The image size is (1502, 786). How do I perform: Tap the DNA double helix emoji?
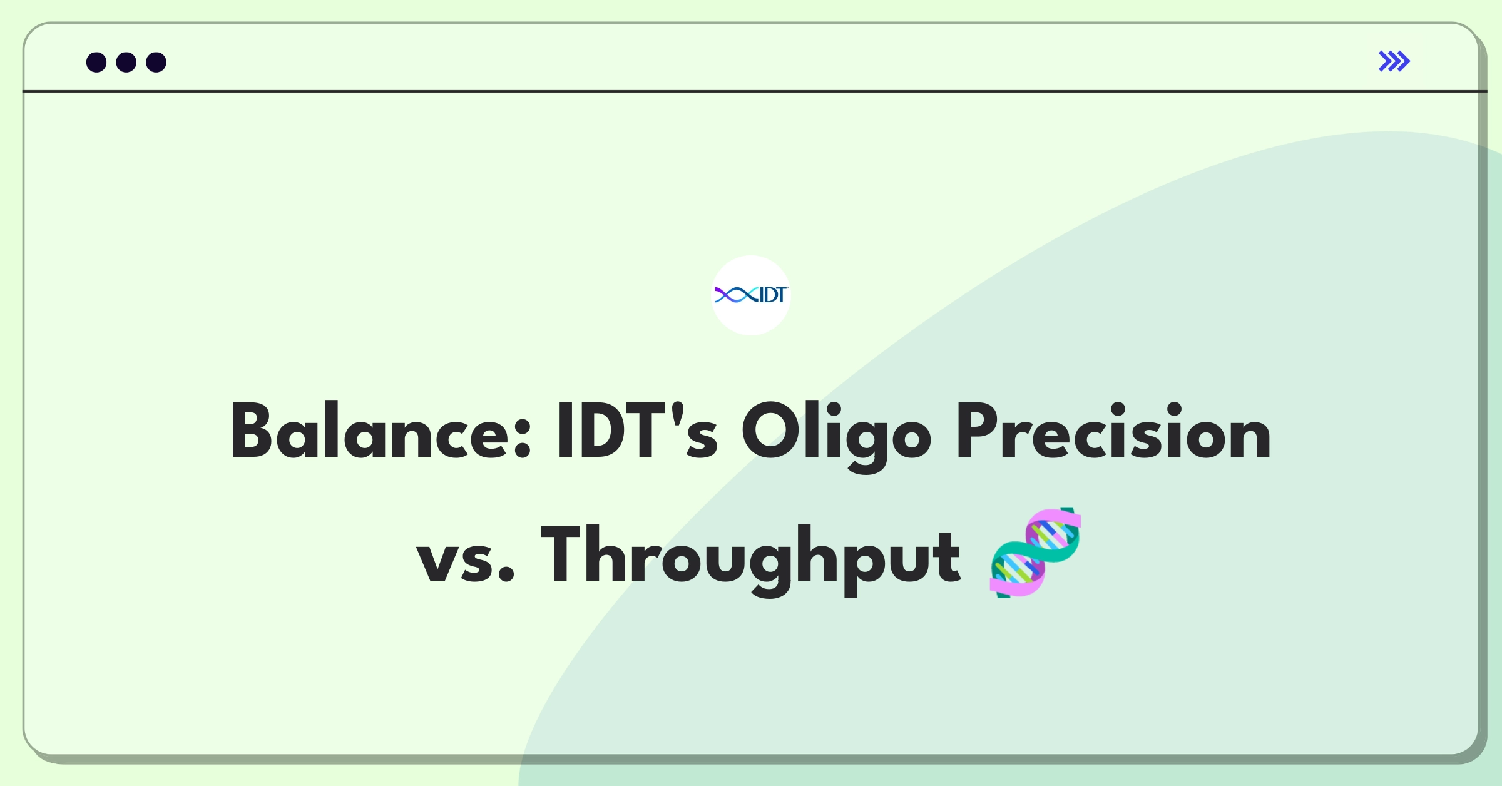1035,553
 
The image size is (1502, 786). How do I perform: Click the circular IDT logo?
751,295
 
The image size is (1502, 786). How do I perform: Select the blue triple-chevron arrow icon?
1394,61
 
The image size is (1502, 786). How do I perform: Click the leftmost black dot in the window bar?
96,62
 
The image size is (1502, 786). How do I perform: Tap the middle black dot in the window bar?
126,62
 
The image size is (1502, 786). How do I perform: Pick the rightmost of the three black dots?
156,62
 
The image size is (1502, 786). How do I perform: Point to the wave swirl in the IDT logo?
737,295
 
